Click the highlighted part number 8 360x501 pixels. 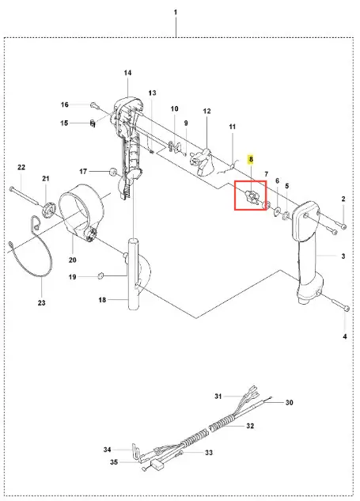[x=251, y=159]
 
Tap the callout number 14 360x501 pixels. [x=127, y=73]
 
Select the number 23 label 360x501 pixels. [x=41, y=302]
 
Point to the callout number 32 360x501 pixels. [x=250, y=426]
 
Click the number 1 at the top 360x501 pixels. [x=176, y=12]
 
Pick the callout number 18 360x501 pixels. [x=102, y=300]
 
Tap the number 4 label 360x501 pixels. [x=345, y=336]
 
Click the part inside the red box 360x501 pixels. [x=252, y=197]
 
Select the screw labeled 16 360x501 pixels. [x=93, y=104]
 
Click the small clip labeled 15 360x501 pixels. [x=93, y=123]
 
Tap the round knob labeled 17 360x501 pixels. [x=113, y=171]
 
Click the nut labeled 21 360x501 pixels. [x=48, y=211]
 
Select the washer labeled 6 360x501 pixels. [x=277, y=211]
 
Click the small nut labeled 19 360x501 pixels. [x=100, y=275]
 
